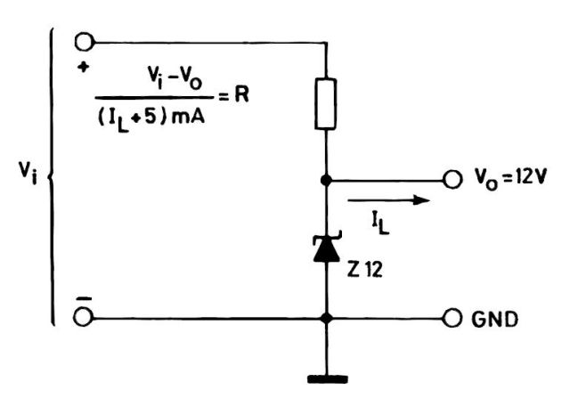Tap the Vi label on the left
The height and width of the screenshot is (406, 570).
pyautogui.click(x=27, y=175)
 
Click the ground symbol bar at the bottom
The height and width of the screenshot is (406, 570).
pyautogui.click(x=328, y=378)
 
